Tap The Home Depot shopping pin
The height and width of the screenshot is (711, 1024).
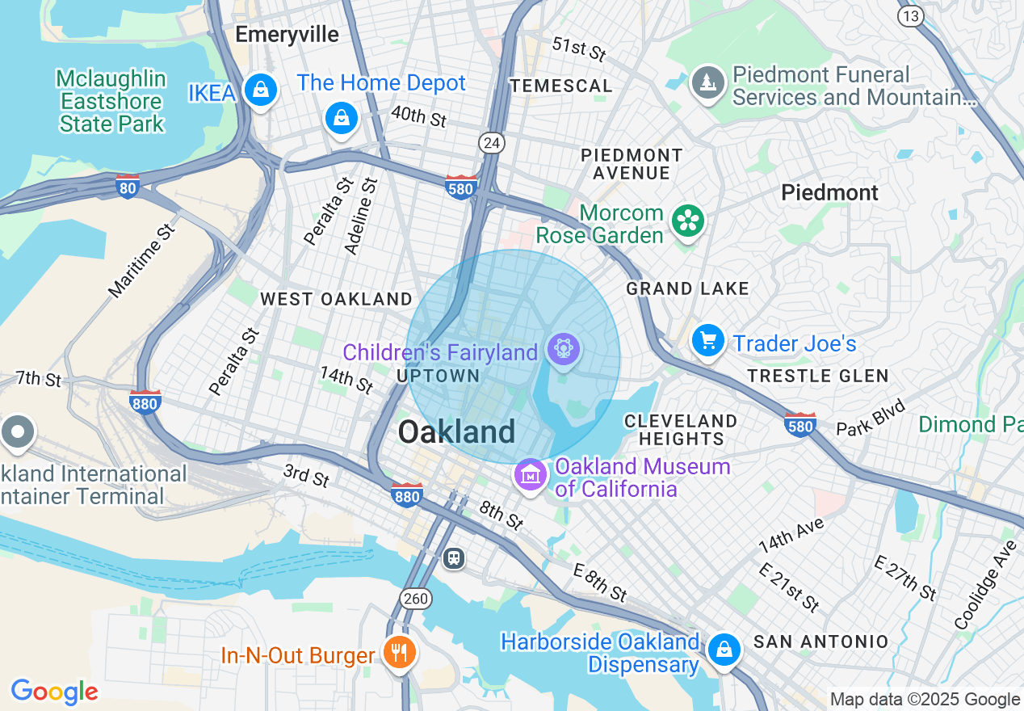[x=342, y=119]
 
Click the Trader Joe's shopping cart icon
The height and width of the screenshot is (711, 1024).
[x=708, y=341]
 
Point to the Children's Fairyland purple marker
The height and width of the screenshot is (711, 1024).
[x=564, y=349]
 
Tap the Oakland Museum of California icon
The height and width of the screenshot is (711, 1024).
[x=530, y=476]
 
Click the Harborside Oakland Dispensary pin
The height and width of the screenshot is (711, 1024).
[x=724, y=650]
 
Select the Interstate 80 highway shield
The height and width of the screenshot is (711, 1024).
[x=128, y=186]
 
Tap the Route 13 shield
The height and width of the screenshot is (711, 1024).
[x=911, y=15]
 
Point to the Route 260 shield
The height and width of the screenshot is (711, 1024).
[x=416, y=599]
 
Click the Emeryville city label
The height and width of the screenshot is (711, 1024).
[x=287, y=34]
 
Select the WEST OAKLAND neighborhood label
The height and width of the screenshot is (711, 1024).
[x=336, y=299]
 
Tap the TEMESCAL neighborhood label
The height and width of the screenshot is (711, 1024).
[x=561, y=86]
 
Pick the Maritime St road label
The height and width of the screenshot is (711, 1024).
[x=142, y=261]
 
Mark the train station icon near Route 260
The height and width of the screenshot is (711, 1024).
[x=454, y=557]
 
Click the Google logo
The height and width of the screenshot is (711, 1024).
[x=54, y=692]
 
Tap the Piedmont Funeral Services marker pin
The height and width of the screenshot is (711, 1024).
[x=708, y=82]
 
